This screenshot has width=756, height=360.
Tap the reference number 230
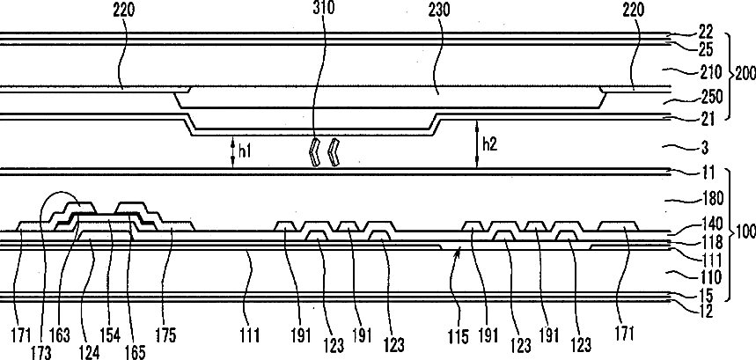(440, 11)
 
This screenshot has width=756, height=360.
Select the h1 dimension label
(246, 151)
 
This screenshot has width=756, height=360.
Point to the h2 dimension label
(490, 144)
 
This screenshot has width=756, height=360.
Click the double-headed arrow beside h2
(477, 144)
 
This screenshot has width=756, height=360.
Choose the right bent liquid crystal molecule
(334, 152)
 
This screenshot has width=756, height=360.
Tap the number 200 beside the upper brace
(743, 75)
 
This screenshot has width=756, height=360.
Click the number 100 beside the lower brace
(744, 231)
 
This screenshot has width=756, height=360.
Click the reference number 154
(110, 334)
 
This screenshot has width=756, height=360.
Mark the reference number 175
(166, 334)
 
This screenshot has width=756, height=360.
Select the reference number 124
(90, 352)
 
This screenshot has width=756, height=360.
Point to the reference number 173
(40, 352)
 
